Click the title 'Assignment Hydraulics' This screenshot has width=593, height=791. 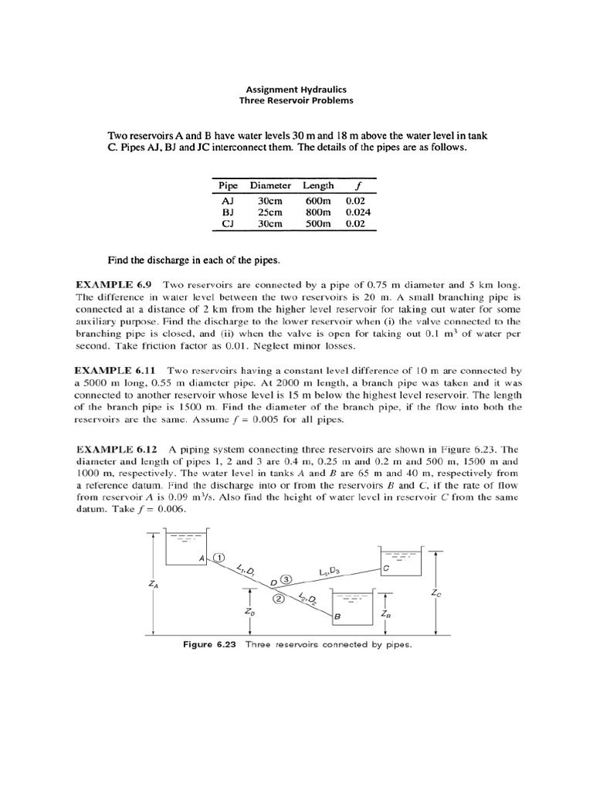click(x=296, y=89)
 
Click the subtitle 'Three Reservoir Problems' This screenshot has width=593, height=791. click(x=296, y=100)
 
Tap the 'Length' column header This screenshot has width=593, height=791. click(x=318, y=185)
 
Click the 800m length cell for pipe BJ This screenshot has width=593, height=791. click(x=317, y=211)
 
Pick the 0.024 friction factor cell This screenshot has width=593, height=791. click(x=358, y=211)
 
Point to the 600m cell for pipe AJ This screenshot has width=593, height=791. click(x=317, y=199)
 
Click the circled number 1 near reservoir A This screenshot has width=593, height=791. click(x=219, y=557)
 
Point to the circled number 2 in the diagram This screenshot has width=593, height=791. click(x=279, y=598)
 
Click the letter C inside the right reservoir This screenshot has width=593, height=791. click(x=385, y=568)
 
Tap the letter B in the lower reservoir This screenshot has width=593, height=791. click(x=337, y=617)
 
